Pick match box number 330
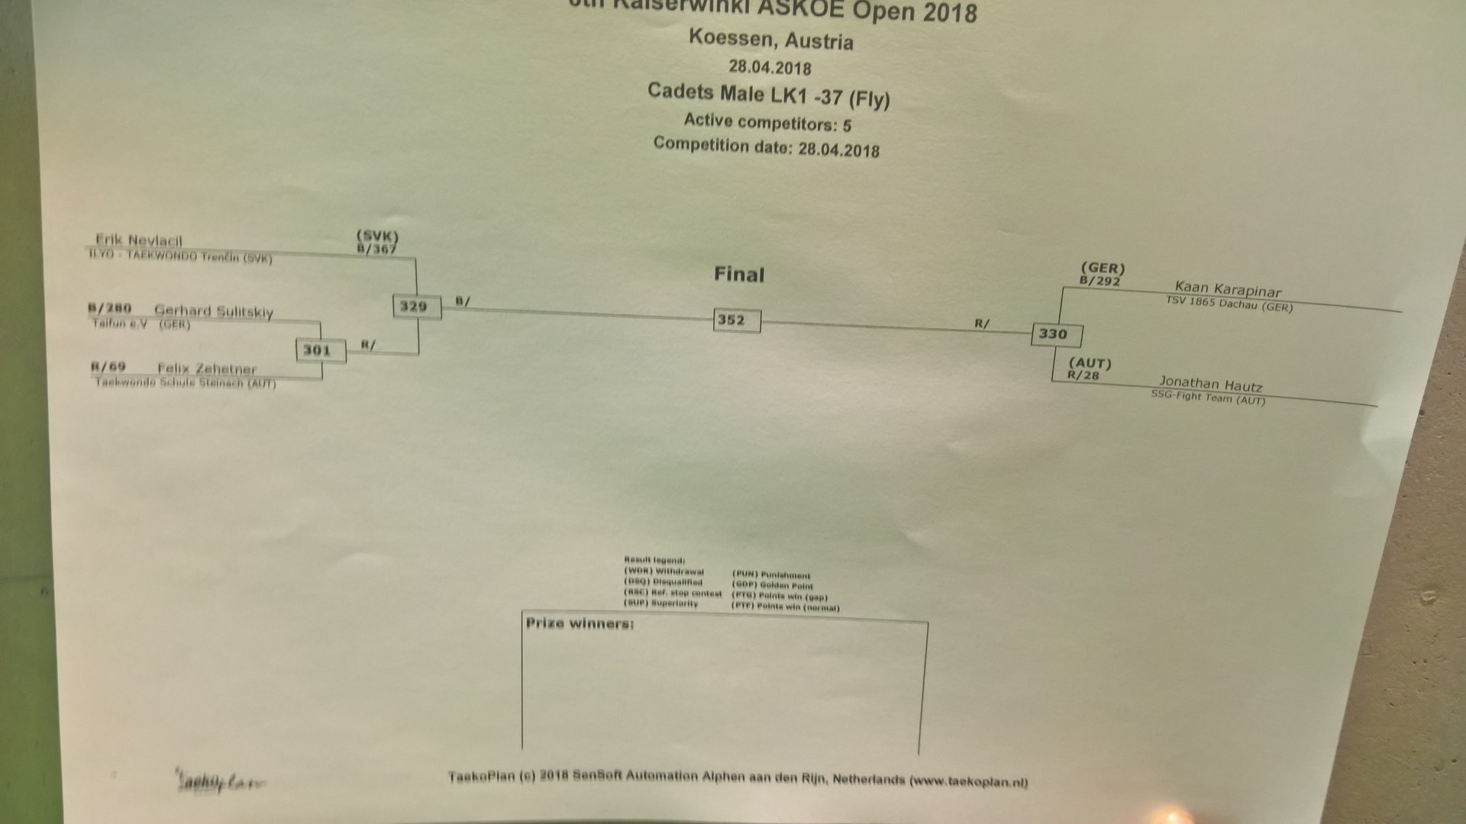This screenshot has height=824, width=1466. click(x=1055, y=334)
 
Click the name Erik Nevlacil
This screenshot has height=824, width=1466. click(x=139, y=241)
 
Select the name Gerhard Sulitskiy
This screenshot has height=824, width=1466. click(x=214, y=311)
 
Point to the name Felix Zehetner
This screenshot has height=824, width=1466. click(x=207, y=369)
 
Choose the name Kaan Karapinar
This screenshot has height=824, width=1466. click(x=1228, y=289)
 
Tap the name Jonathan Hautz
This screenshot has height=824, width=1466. click(x=1210, y=384)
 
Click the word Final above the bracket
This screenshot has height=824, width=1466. click(x=738, y=275)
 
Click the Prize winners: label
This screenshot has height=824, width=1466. click(x=580, y=623)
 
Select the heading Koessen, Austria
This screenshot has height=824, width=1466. click(x=770, y=39)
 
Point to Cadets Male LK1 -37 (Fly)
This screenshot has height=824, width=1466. click(x=768, y=95)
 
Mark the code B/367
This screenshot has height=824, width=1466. click(x=376, y=249)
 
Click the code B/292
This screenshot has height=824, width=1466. click(x=1100, y=281)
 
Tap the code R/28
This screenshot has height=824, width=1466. click(x=1083, y=375)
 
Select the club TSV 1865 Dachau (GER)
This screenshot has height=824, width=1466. click(x=1229, y=304)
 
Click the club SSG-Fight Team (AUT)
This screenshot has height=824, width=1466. click(x=1208, y=398)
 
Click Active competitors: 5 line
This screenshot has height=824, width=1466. click(x=767, y=122)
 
